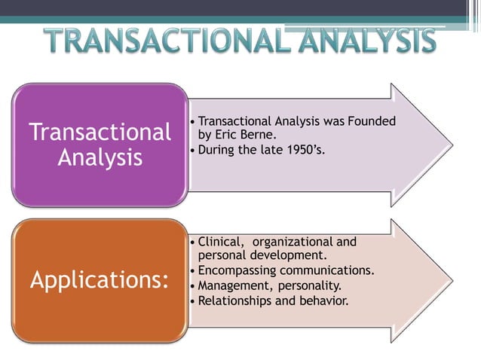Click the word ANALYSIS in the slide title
pyautogui.click(x=362, y=42)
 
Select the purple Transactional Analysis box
pyautogui.click(x=100, y=145)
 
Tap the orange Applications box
pyautogui.click(x=100, y=280)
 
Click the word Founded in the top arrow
pyautogui.click(x=372, y=121)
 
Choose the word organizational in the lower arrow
pyautogui.click(x=293, y=242)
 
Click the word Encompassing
pyautogui.click(x=236, y=270)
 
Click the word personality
pyautogui.click(x=310, y=285)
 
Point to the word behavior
pyautogui.click(x=322, y=301)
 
